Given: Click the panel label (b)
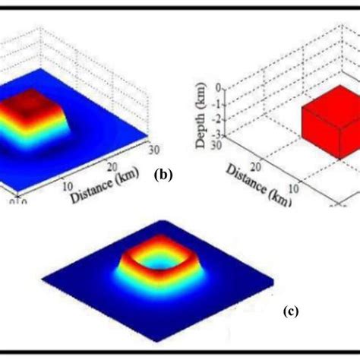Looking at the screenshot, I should tap(163, 174).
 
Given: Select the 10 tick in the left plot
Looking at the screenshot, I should tap(66, 185).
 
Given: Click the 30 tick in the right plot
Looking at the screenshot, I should tap(221, 144).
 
